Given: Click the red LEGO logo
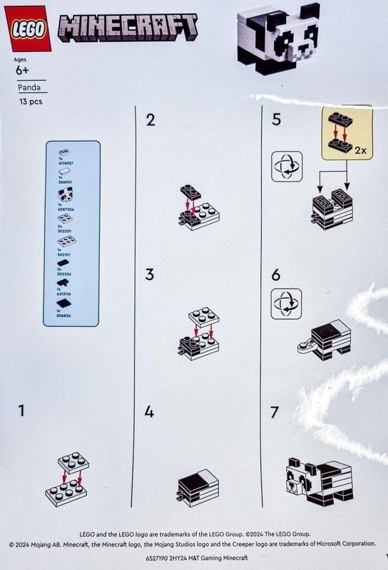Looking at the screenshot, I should (x=29, y=28).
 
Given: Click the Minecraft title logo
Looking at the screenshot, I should (x=129, y=31).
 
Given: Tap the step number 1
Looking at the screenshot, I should (x=23, y=410).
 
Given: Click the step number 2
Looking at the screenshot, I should (x=150, y=120).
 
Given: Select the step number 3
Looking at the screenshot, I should (x=150, y=274).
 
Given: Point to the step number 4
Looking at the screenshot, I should (x=150, y=412).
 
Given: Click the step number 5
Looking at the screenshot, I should (x=276, y=120).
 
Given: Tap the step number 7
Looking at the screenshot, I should (x=275, y=412).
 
